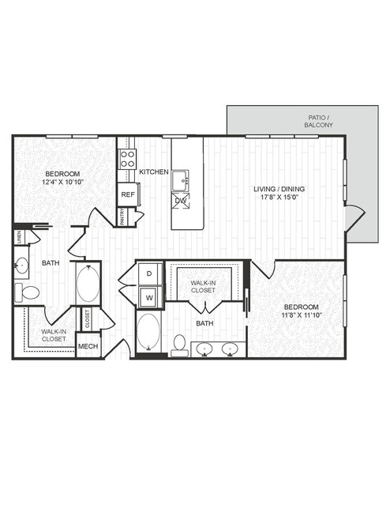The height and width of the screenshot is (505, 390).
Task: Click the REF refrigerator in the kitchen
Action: [x=128, y=194]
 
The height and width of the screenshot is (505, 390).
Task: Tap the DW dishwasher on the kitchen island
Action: [x=181, y=201]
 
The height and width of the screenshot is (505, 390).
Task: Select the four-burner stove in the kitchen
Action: [x=127, y=159]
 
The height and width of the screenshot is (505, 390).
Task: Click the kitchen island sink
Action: [x=181, y=181]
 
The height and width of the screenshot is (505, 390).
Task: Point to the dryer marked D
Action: [x=149, y=273]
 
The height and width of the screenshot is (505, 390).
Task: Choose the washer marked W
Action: [x=149, y=298]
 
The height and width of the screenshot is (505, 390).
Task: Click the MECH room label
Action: [x=88, y=346]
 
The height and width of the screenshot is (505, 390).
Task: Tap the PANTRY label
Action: [x=122, y=217]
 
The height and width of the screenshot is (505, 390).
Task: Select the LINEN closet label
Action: [x=19, y=237]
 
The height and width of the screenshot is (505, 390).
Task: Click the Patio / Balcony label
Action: [x=319, y=121]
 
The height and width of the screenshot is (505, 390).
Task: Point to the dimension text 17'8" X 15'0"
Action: [x=279, y=197]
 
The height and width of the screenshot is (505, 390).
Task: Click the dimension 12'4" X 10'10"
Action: [x=62, y=182]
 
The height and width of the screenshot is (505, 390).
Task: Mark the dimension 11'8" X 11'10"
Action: [x=302, y=315]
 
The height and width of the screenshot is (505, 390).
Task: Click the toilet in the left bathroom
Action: [x=27, y=292]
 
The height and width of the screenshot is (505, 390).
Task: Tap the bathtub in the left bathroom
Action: [x=88, y=284]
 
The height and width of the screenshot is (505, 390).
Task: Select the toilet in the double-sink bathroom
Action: [x=179, y=345]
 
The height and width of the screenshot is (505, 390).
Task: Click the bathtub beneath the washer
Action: [x=148, y=332]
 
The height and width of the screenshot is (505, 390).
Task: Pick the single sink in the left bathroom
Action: [x=21, y=266]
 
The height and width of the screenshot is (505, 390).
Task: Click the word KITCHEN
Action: [x=154, y=171]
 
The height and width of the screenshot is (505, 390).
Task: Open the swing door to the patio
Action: [x=355, y=218]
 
